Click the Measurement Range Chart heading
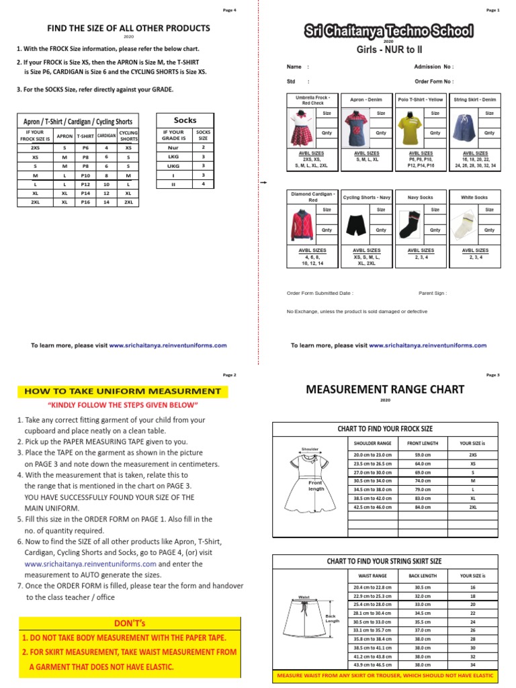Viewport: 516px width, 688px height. pos(385,390)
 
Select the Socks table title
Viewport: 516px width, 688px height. pos(185,120)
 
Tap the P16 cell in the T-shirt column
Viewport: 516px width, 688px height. pos(85,201)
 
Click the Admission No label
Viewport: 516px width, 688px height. pos(433,67)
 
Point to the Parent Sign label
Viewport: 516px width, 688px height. pos(433,293)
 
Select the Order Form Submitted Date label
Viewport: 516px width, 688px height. pos(320,293)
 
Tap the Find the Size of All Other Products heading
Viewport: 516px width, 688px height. pos(127,28)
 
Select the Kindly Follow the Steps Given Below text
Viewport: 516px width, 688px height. pos(122,406)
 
